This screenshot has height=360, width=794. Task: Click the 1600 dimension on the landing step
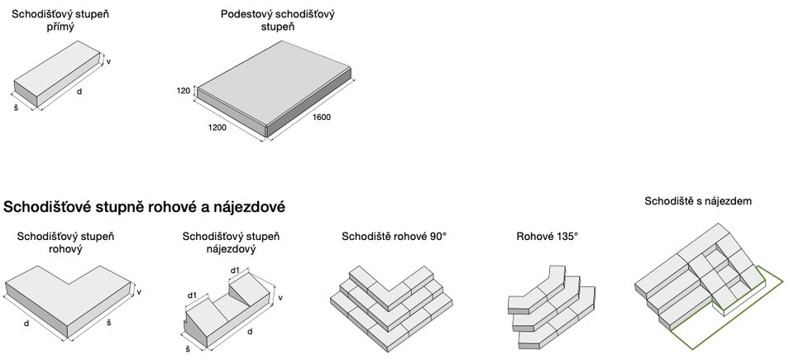coord(321,118)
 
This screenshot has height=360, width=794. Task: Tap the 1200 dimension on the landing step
coord(218,128)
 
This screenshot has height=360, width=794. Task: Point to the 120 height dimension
coord(183,90)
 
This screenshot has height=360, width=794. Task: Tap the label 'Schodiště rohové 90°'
coord(394,237)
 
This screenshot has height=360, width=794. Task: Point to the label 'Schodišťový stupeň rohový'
coord(66,242)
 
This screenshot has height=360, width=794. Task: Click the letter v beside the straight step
coord(109,62)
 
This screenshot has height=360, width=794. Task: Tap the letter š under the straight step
coord(16,108)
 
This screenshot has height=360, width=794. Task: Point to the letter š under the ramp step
coord(188,350)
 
